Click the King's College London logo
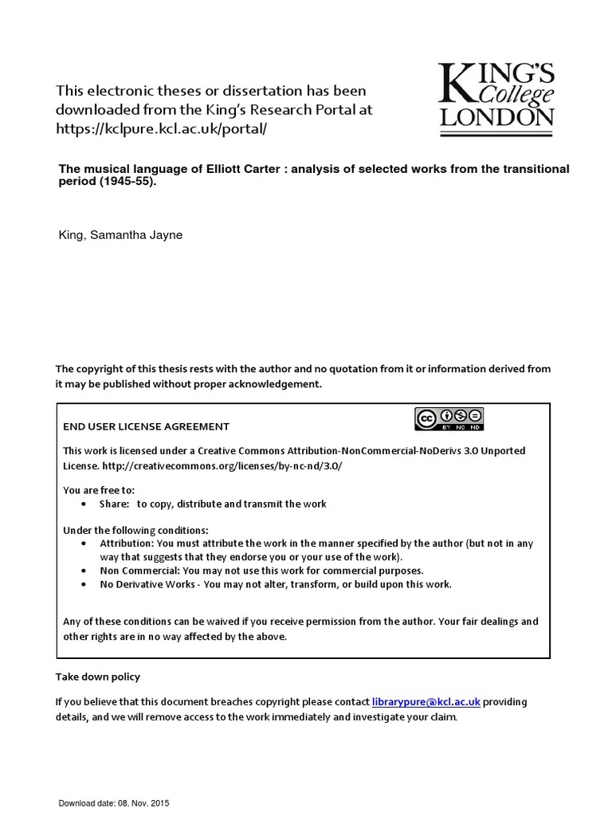pyautogui.click(x=496, y=96)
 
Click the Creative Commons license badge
pyautogui.click(x=448, y=418)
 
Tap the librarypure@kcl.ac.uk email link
pyautogui.click(x=426, y=702)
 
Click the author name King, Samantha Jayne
pyautogui.click(x=121, y=236)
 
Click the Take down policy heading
pyautogui.click(x=97, y=677)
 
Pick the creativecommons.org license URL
pyautogui.click(x=227, y=465)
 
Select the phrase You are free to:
pyautogui.click(x=99, y=489)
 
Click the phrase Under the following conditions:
pyautogui.click(x=135, y=530)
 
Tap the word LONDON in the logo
pyautogui.click(x=496, y=118)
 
